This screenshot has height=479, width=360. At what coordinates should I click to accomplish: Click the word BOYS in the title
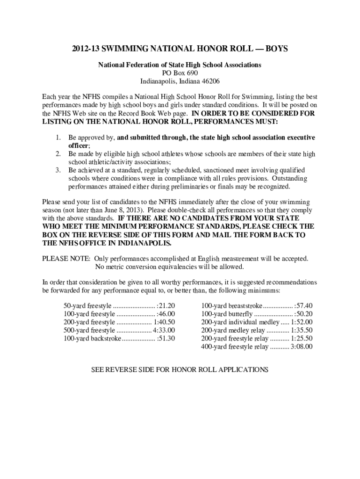[276, 49]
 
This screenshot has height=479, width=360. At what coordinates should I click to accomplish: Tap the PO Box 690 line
[180, 73]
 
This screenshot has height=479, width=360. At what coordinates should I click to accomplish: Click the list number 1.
[58, 138]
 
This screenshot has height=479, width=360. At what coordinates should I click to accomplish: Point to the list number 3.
[58, 170]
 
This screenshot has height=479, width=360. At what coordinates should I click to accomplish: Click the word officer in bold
[79, 145]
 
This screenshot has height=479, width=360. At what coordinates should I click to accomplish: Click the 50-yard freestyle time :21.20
[166, 305]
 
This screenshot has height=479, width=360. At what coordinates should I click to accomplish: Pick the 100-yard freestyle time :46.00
[166, 313]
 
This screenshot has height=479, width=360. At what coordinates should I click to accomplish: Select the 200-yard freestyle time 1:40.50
[165, 322]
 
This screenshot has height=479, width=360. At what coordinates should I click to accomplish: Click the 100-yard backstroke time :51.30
[166, 338]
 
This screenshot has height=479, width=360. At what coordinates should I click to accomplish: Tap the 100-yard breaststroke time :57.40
[303, 305]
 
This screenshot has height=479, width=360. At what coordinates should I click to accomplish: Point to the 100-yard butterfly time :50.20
[303, 313]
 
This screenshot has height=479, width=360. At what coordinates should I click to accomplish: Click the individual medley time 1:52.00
[302, 322]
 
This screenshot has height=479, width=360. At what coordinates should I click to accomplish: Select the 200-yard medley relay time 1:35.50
[302, 330]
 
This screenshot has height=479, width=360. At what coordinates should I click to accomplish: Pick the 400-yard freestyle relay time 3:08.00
[302, 347]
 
